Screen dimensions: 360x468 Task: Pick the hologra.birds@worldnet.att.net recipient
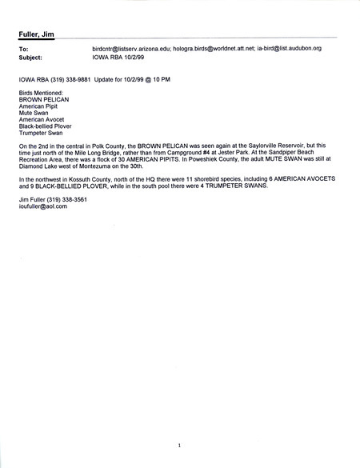[x=217, y=49]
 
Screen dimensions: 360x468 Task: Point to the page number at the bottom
[x=180, y=446]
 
